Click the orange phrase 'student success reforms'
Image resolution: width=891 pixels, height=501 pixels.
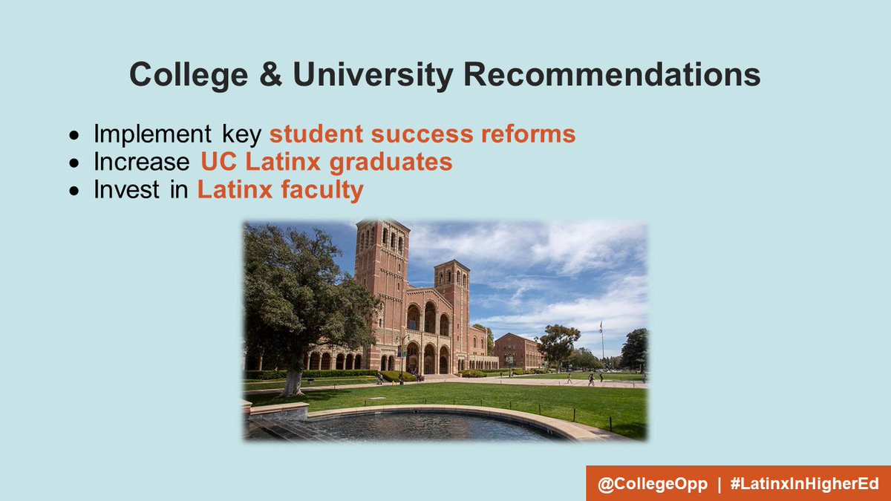(x=422, y=134)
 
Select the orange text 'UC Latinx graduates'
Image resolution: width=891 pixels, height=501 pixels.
(x=326, y=162)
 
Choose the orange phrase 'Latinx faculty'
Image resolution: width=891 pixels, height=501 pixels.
(x=280, y=190)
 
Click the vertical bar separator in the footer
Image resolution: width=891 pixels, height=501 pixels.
(x=719, y=483)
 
